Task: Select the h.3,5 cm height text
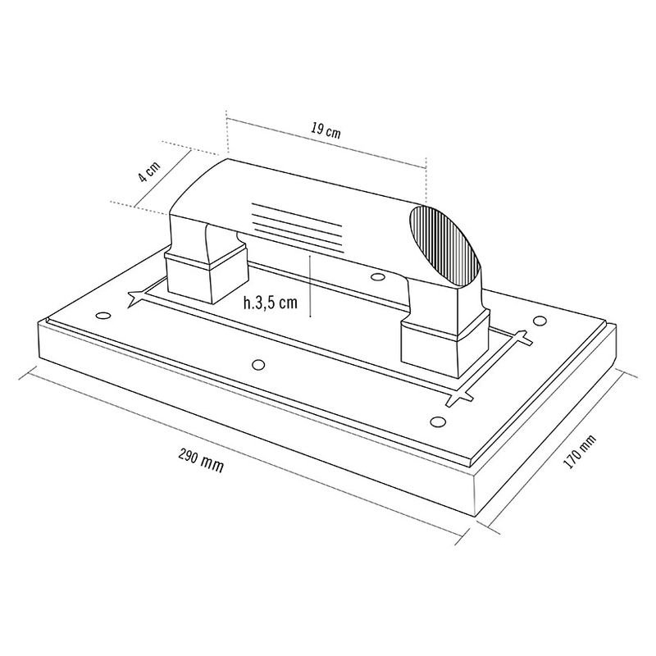271,303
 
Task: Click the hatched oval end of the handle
446,245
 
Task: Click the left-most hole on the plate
102,316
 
